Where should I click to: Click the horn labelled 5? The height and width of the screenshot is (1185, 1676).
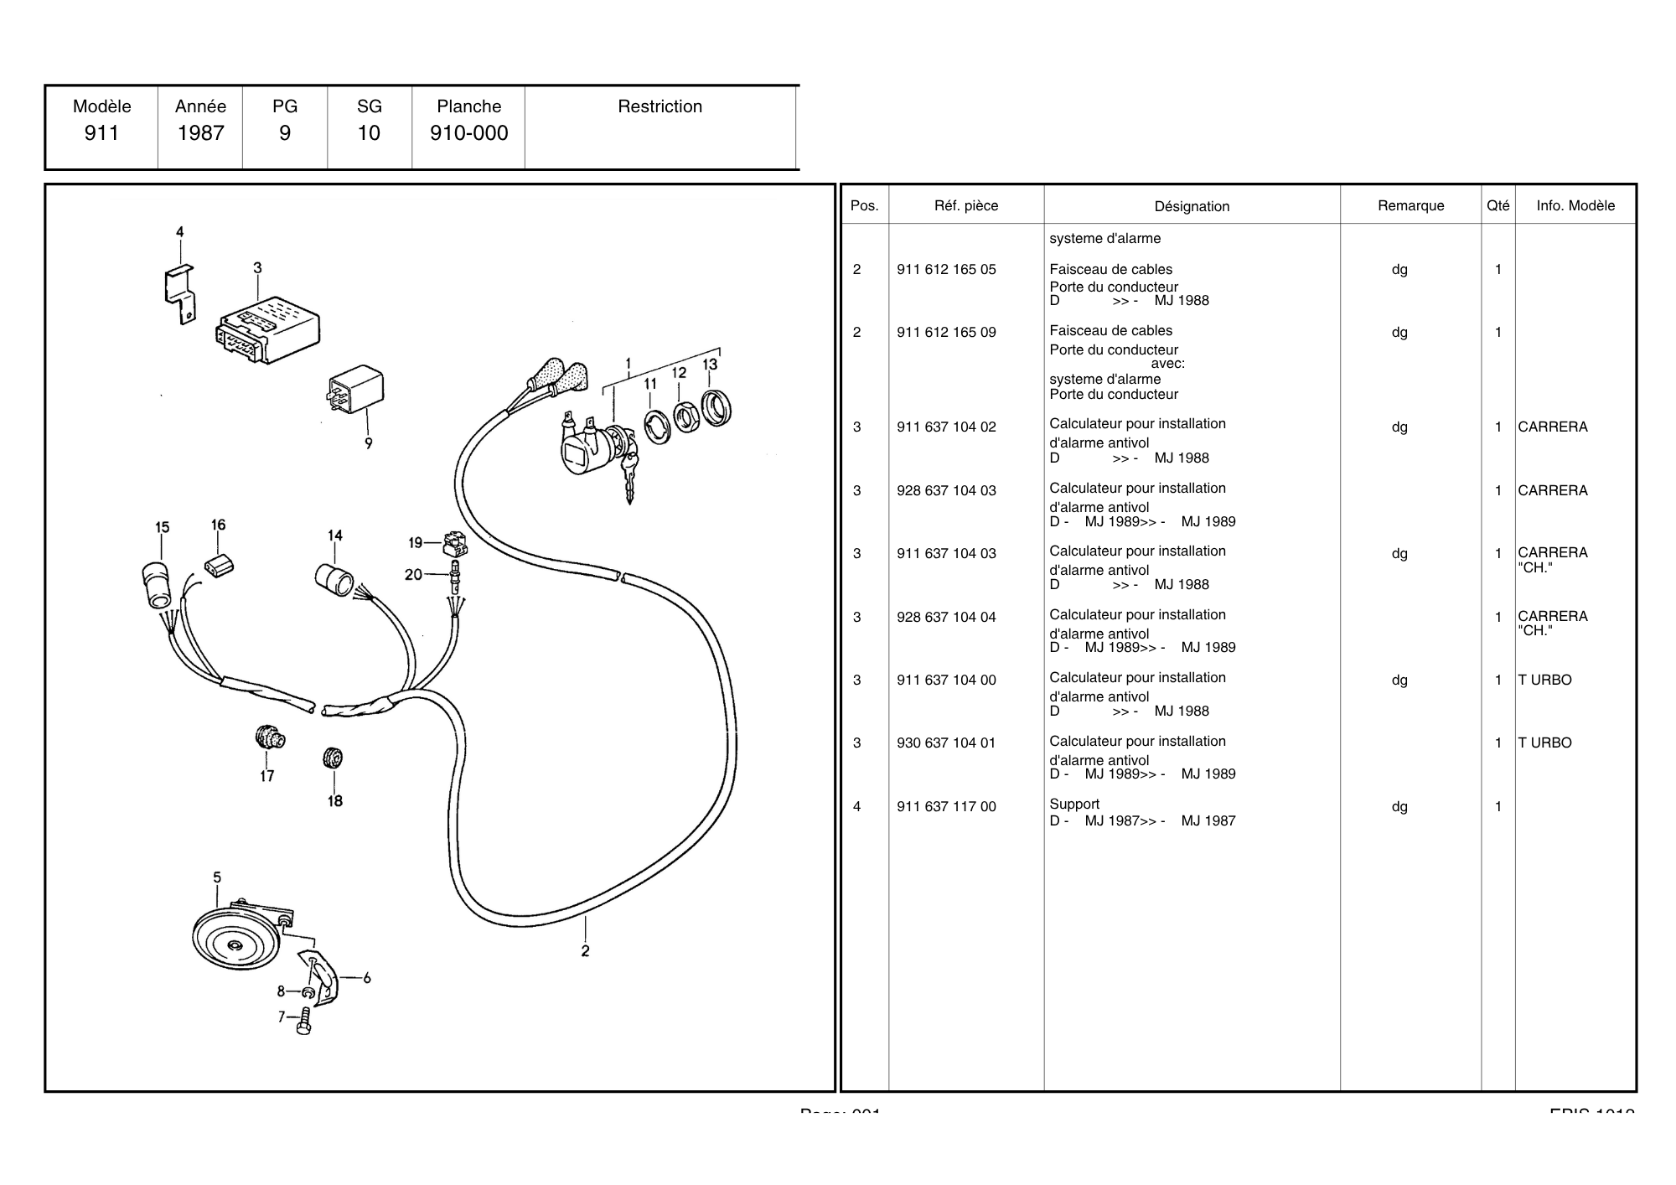coord(235,939)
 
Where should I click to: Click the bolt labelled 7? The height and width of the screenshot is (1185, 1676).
coord(303,1022)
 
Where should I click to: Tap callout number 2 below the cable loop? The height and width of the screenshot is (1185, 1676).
coord(585,951)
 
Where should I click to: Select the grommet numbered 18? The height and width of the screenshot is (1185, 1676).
coord(333,758)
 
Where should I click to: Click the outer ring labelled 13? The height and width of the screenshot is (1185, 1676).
coord(716,408)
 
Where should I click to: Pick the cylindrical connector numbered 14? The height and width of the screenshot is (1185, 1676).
coord(334,579)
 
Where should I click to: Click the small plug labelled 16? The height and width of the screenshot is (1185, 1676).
coord(219,566)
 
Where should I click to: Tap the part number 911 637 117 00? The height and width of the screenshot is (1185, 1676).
coord(946,807)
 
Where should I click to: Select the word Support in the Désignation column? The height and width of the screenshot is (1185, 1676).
coord(1074,805)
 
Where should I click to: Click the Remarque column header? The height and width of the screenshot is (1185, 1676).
coord(1410,206)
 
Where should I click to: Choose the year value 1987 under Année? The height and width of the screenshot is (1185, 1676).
coord(201,133)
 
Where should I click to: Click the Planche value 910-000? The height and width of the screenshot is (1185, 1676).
coord(468,133)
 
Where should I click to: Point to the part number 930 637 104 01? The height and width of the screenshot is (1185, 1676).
coord(946,743)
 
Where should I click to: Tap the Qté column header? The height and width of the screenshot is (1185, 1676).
coord(1498,206)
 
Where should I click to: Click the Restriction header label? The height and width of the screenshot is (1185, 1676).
coord(660,106)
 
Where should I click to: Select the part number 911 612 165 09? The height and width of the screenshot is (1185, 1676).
coord(946,333)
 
